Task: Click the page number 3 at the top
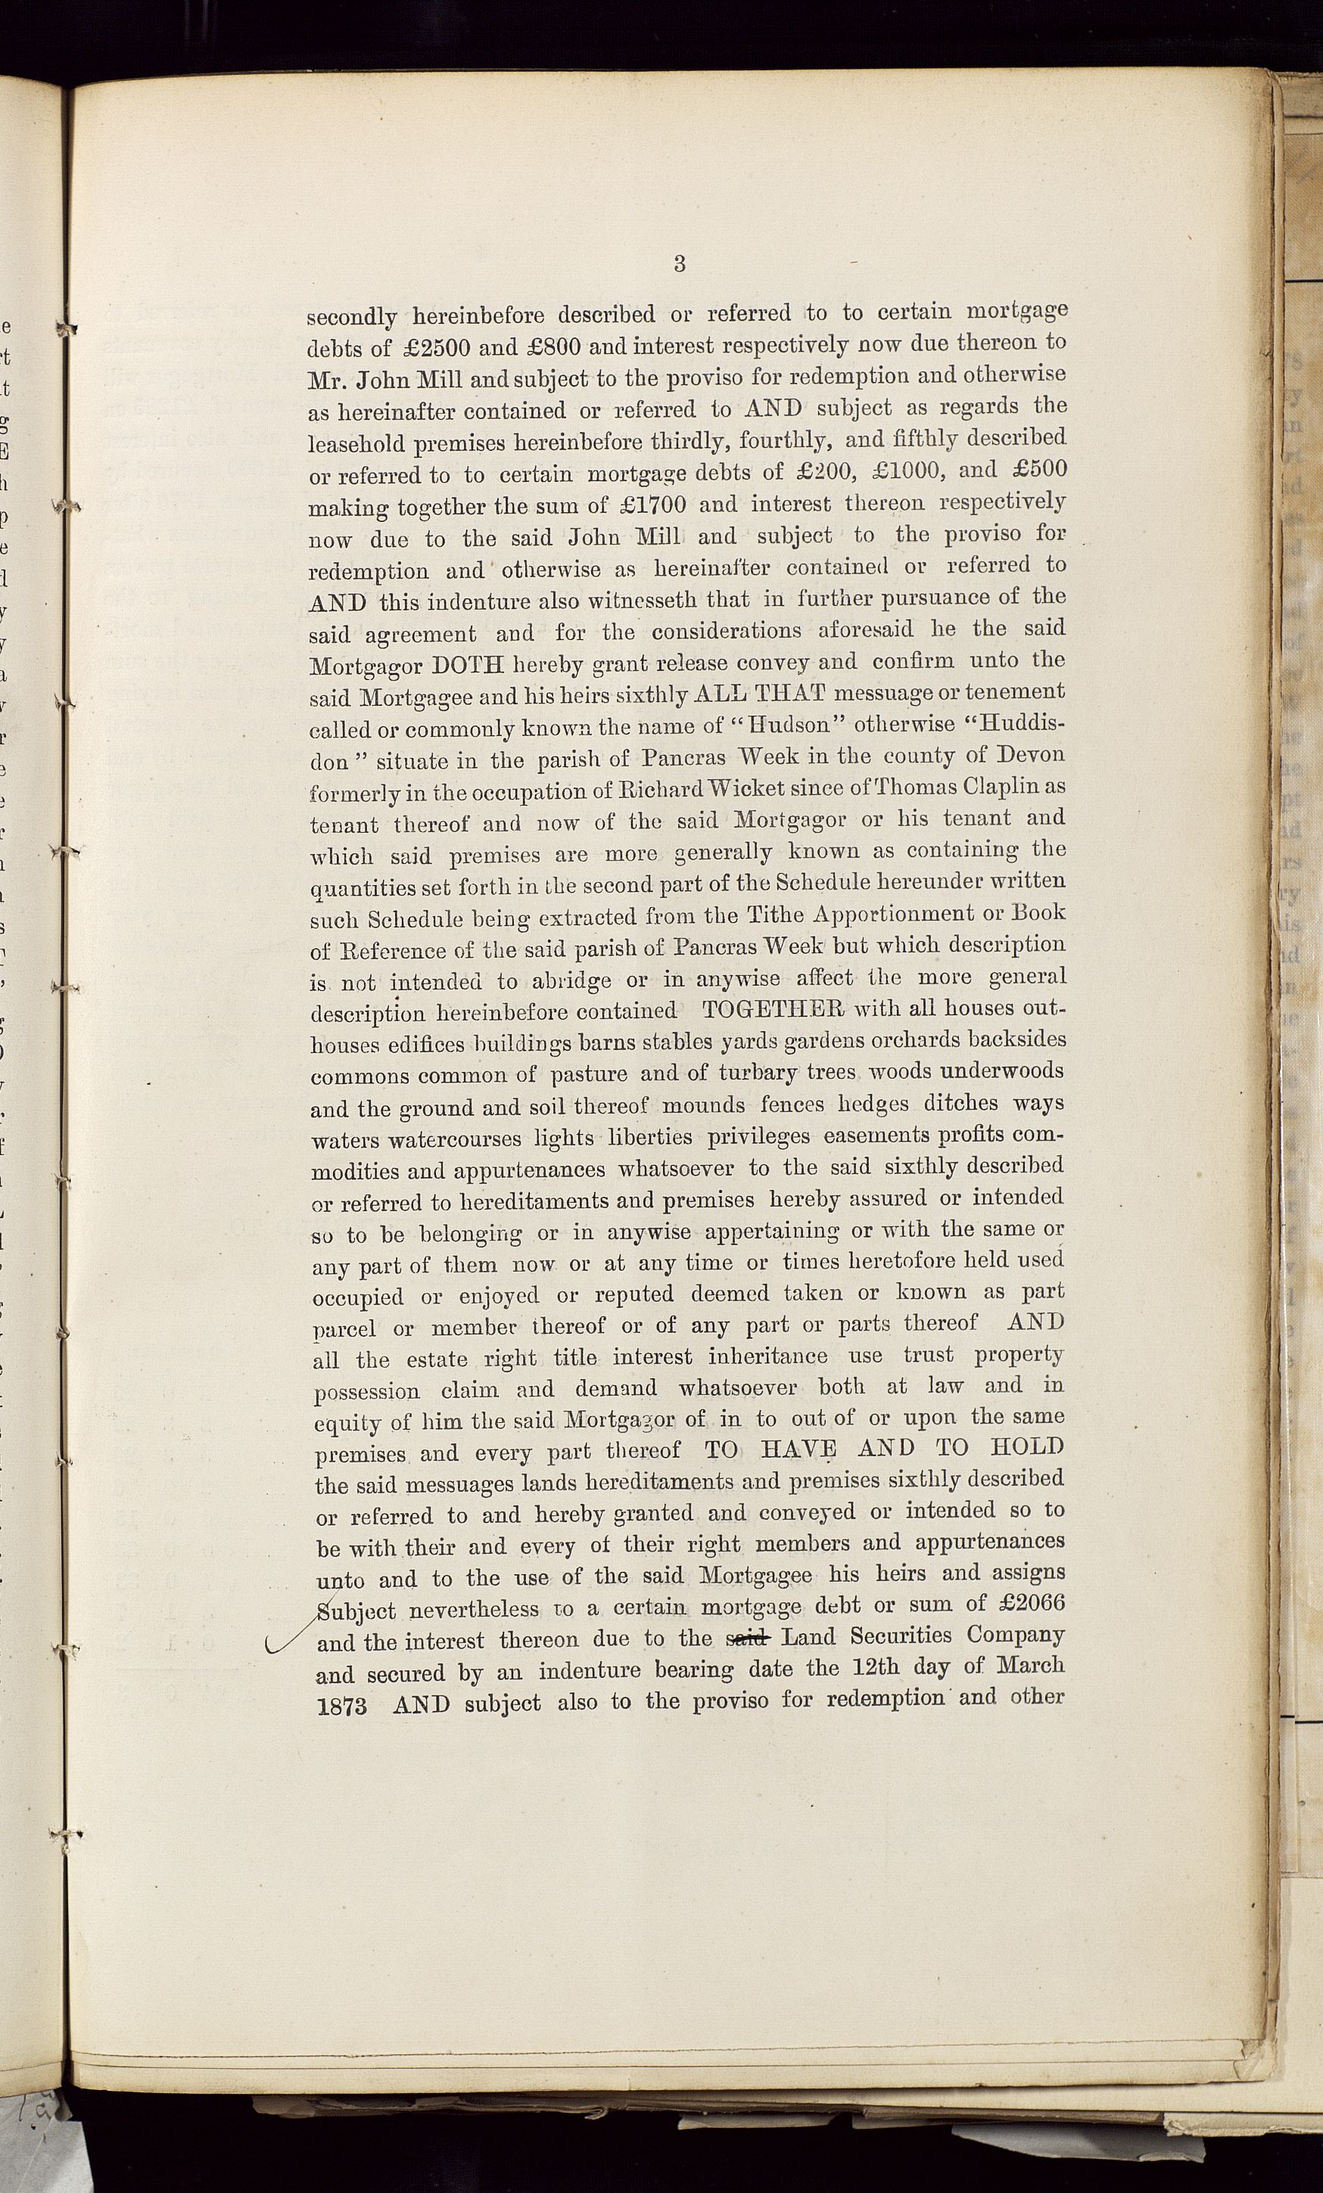pyautogui.click(x=680, y=263)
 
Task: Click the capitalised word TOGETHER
pyautogui.click(x=772, y=1009)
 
